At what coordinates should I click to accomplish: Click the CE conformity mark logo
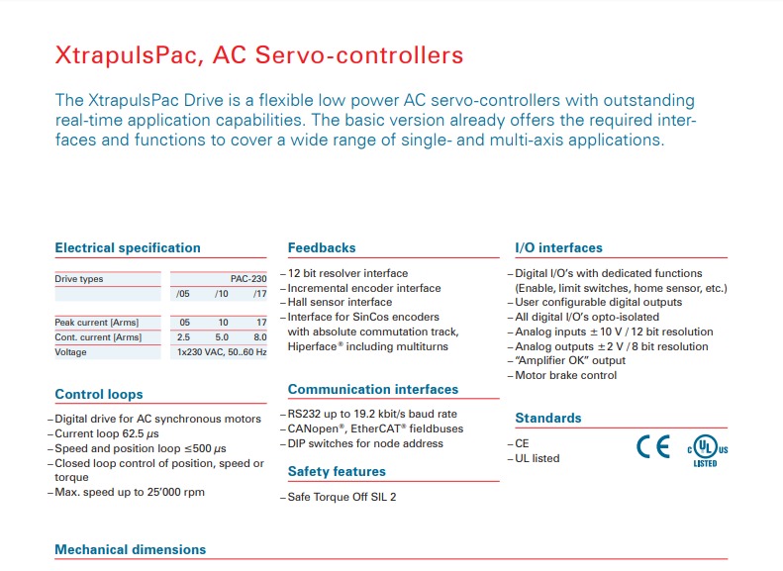pyautogui.click(x=652, y=447)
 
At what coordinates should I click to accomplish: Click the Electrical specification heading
pyautogui.click(x=128, y=247)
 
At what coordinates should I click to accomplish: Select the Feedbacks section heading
pyautogui.click(x=322, y=247)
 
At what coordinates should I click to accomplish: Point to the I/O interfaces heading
pyautogui.click(x=558, y=247)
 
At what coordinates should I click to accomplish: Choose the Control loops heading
pyautogui.click(x=99, y=394)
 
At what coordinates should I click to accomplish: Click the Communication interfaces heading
pyautogui.click(x=373, y=389)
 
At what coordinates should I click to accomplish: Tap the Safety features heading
pyautogui.click(x=337, y=471)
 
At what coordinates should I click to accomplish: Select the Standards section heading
pyautogui.click(x=548, y=418)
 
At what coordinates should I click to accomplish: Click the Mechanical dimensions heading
pyautogui.click(x=131, y=549)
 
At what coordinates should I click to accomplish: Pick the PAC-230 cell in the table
pyautogui.click(x=247, y=279)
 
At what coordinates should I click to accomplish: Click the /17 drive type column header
pyautogui.click(x=259, y=294)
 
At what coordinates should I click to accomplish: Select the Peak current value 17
pyautogui.click(x=260, y=323)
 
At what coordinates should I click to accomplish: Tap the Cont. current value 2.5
pyautogui.click(x=183, y=337)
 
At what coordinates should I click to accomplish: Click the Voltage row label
pyautogui.click(x=70, y=352)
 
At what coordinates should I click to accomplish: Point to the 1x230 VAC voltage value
pyautogui.click(x=222, y=352)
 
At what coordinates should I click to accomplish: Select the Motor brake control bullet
pyautogui.click(x=565, y=375)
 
